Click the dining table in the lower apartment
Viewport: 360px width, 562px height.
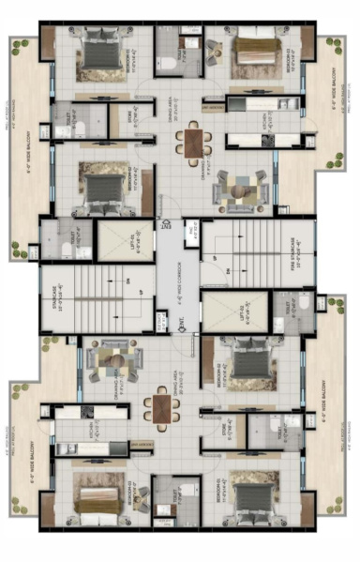point(162,409)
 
